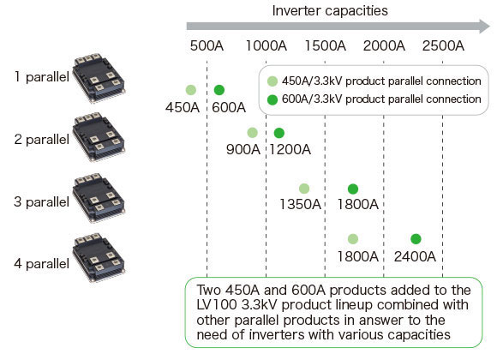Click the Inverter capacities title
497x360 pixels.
click(x=330, y=11)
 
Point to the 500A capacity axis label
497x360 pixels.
click(x=207, y=45)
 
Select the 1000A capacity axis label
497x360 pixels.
click(x=266, y=45)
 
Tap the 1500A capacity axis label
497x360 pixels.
click(x=326, y=45)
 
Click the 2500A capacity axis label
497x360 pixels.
click(x=443, y=45)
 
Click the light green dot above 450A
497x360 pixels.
click(x=191, y=90)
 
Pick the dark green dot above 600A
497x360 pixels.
click(x=219, y=90)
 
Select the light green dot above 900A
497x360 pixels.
click(x=252, y=133)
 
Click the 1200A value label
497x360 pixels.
click(x=290, y=149)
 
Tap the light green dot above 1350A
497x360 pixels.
click(x=304, y=189)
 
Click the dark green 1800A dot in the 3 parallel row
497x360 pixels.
click(x=353, y=189)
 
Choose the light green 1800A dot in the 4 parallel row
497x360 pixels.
click(x=353, y=239)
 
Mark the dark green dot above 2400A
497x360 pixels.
click(x=416, y=239)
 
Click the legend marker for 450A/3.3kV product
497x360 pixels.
click(x=272, y=81)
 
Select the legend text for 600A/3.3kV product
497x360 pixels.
click(x=381, y=99)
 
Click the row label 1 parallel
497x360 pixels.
click(x=41, y=77)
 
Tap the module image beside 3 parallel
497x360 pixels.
click(x=99, y=198)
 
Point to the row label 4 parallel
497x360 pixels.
click(x=41, y=264)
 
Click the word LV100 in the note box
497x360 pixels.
click(x=217, y=305)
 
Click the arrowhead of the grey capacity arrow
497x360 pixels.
click(x=485, y=27)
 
